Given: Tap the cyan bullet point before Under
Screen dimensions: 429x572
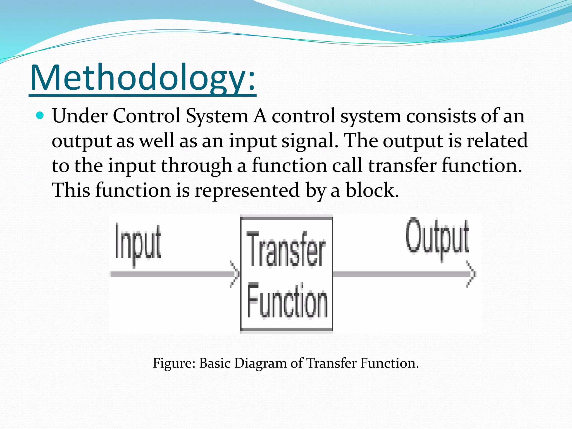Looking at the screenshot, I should tap(40, 115).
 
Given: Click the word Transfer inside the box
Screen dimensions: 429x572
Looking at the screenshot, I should tap(286, 249).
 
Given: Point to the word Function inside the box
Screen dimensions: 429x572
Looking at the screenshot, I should tap(287, 301).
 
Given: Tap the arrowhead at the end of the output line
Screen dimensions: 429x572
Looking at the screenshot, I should tap(471, 274).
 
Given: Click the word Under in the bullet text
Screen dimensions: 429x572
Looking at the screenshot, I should tap(80, 116).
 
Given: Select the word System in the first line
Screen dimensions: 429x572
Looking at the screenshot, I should tap(217, 116).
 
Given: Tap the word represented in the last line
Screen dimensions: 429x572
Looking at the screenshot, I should tap(247, 190).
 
